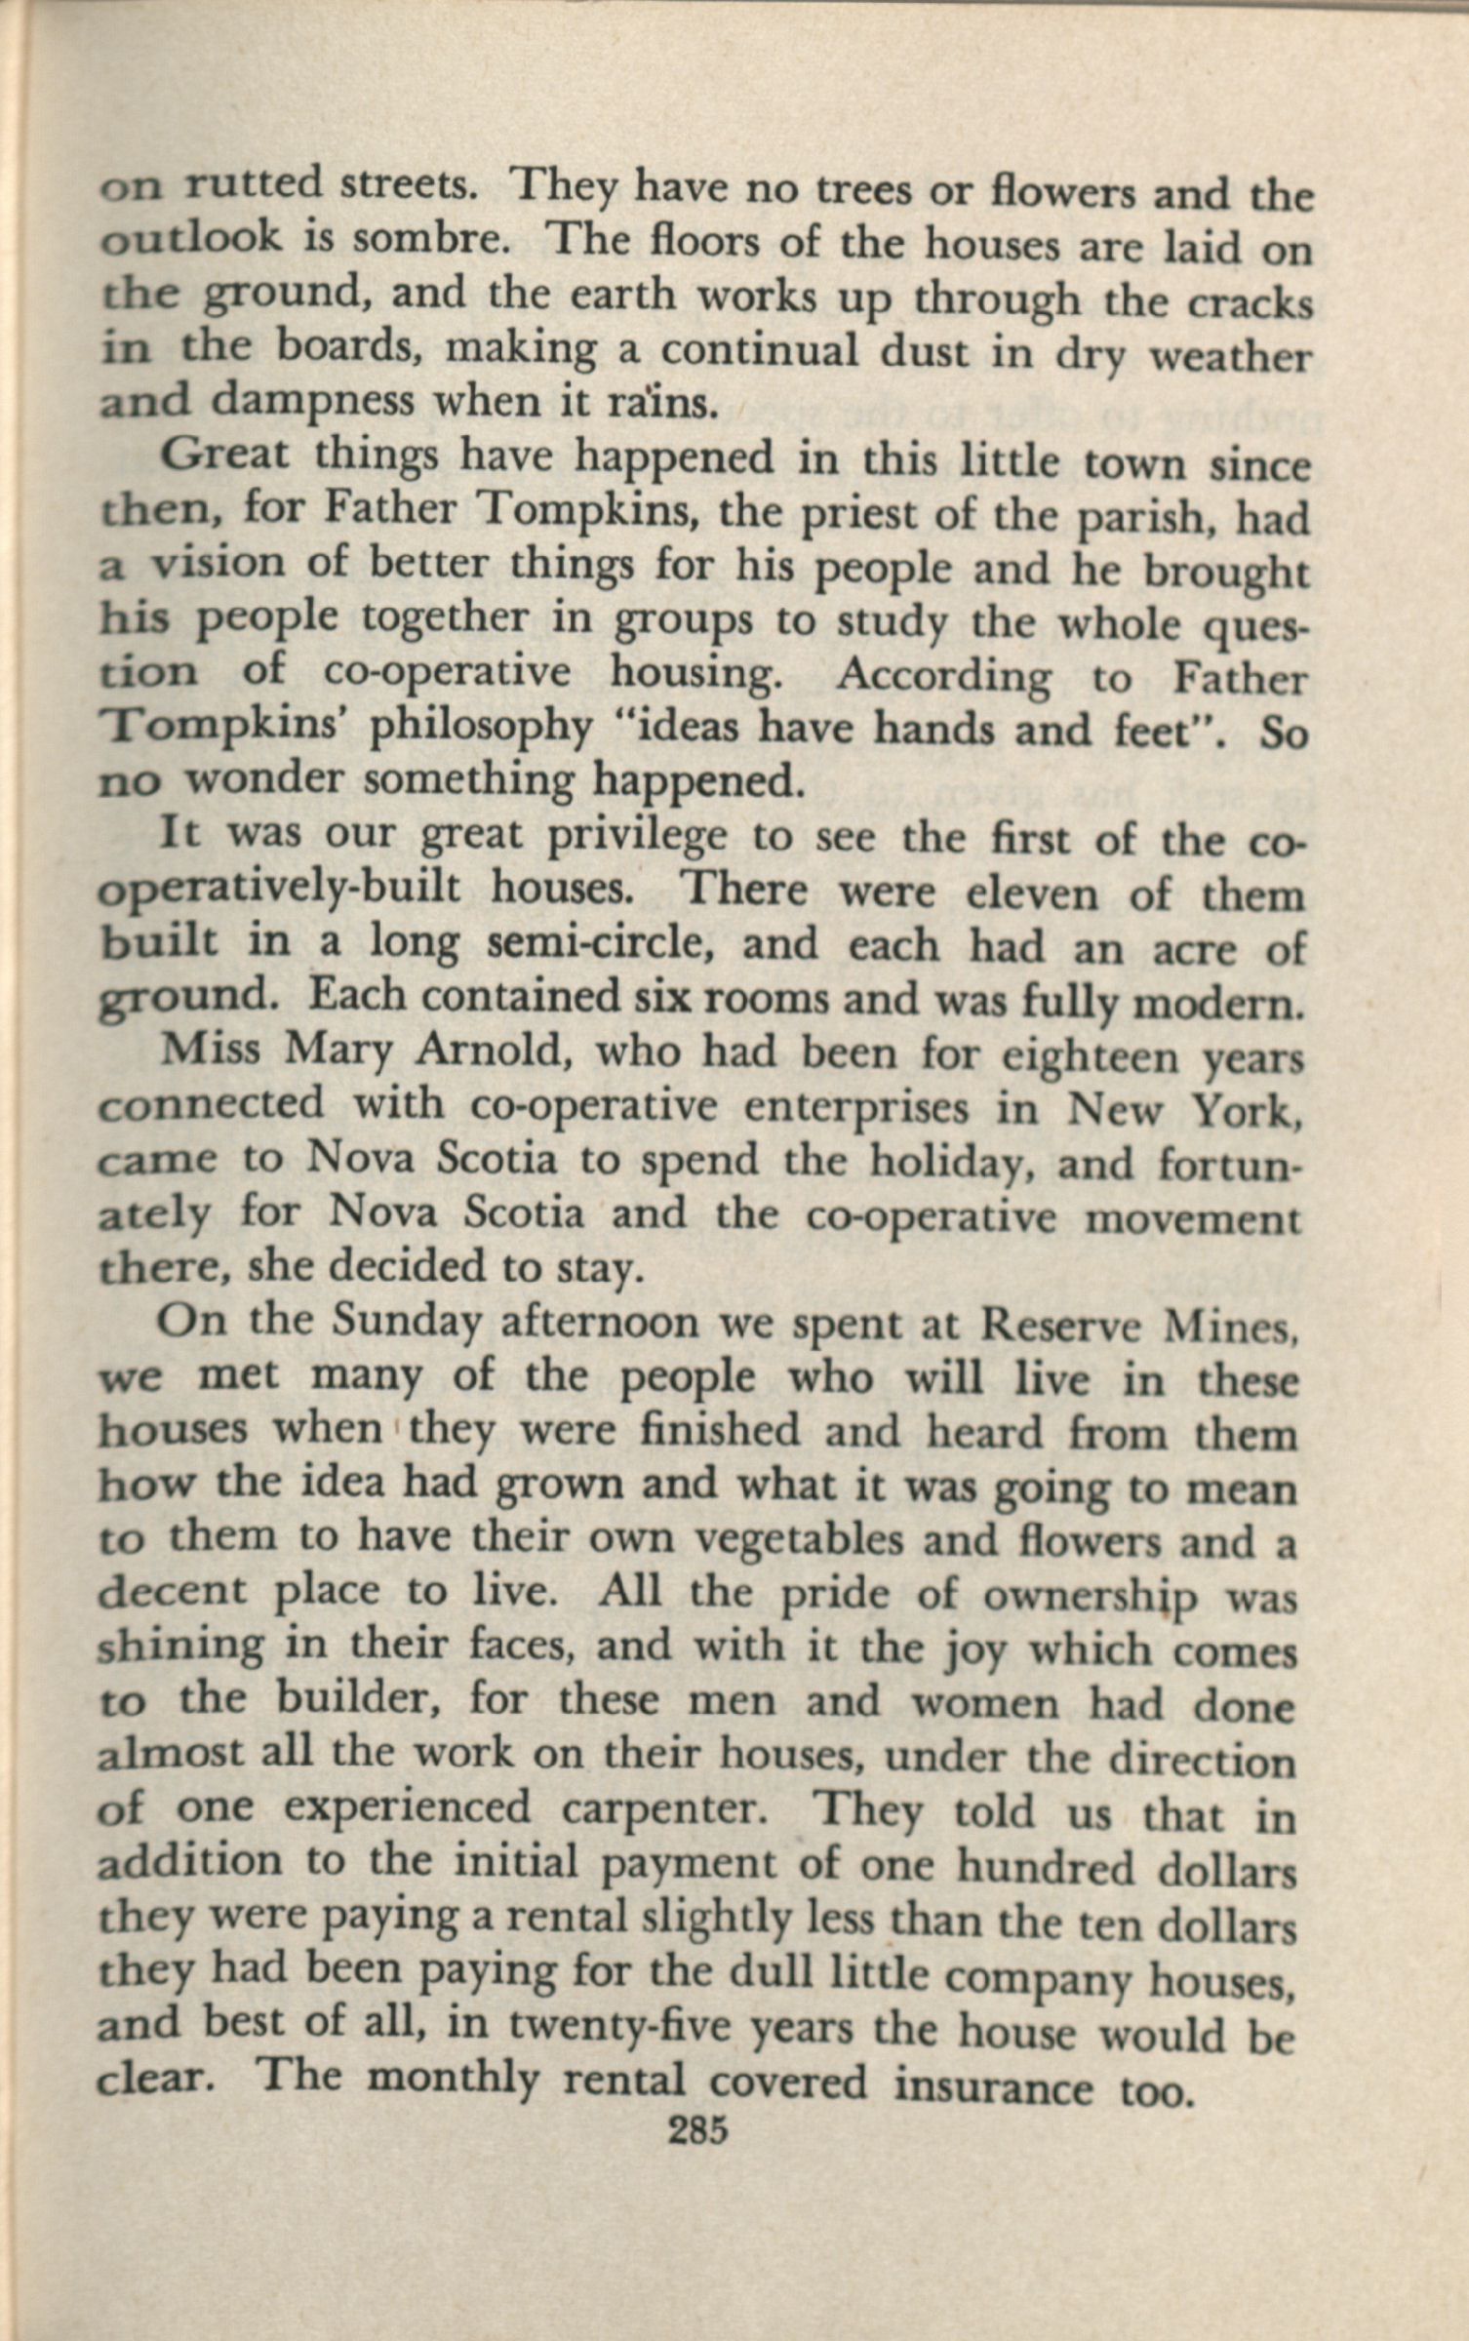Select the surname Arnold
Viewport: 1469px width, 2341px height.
point(489,1052)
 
